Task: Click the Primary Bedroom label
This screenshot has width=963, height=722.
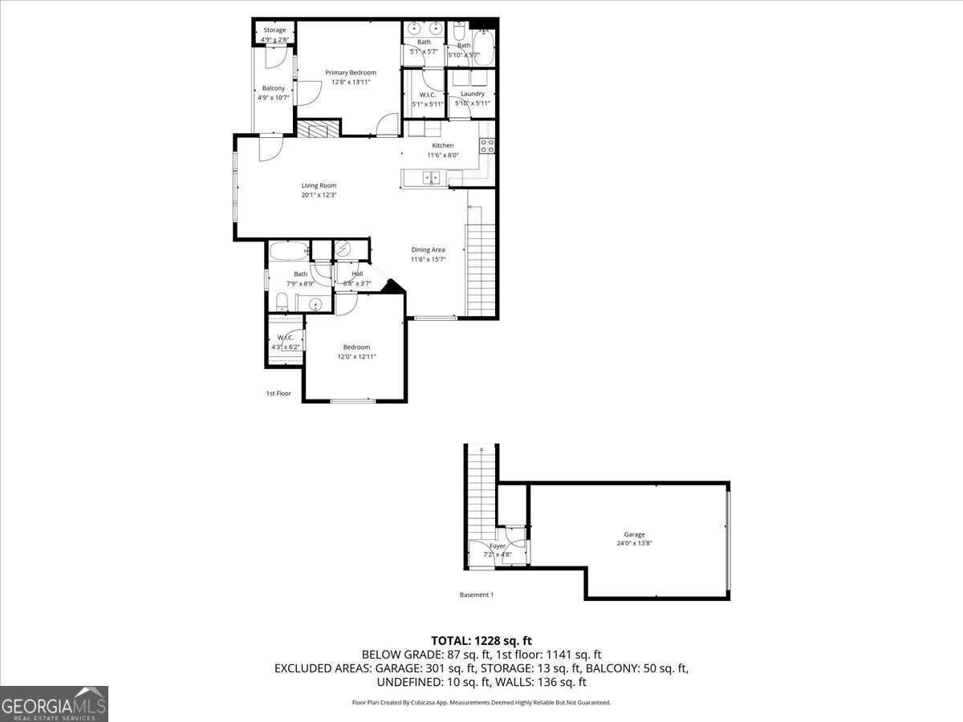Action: [351, 73]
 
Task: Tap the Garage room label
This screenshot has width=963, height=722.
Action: [634, 534]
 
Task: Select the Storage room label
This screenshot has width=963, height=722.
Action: [274, 30]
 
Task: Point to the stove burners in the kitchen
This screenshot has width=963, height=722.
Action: [486, 145]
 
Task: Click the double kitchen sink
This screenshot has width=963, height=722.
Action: [432, 178]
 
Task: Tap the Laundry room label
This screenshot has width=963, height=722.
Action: [473, 94]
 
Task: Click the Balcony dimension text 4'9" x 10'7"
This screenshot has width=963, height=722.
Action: [274, 98]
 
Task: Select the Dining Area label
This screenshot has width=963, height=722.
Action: [428, 249]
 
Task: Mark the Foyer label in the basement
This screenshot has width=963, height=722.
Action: [498, 546]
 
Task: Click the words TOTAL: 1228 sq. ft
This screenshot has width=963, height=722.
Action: [481, 640]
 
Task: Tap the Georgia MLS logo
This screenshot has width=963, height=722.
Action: [54, 704]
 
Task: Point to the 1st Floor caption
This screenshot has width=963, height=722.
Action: [278, 394]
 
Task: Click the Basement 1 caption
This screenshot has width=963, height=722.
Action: [476, 594]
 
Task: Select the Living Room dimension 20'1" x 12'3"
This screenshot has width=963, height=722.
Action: [319, 195]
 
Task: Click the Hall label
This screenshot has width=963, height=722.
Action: [356, 274]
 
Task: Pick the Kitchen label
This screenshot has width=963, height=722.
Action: [442, 145]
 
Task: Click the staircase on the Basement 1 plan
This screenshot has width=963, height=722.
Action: [481, 489]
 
